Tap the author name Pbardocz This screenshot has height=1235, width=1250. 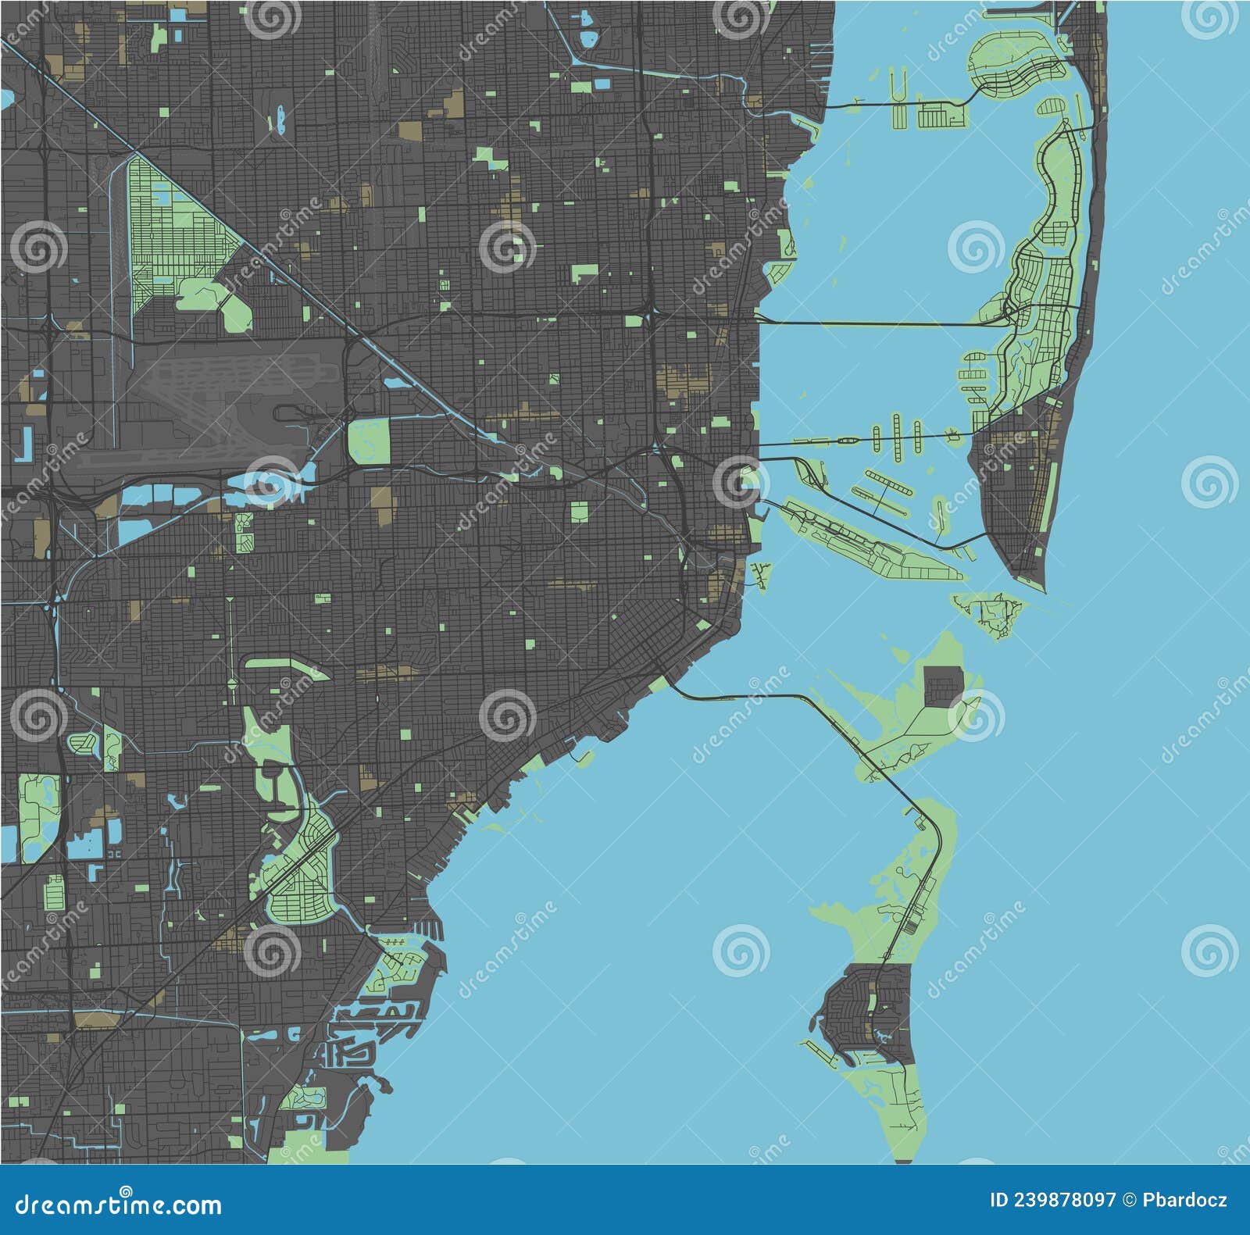(1184, 1201)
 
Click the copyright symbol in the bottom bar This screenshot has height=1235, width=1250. (1130, 1201)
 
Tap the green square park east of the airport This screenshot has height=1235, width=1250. (369, 441)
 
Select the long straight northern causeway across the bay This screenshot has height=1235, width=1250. (875, 323)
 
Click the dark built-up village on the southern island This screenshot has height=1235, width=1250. (867, 1012)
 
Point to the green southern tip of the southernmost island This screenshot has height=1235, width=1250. (906, 1125)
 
